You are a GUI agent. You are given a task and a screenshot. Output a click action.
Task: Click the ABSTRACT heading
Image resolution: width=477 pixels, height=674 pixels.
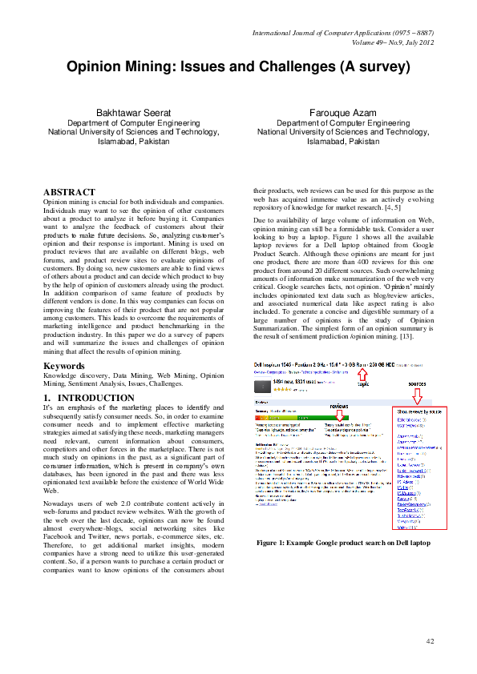[x=69, y=192]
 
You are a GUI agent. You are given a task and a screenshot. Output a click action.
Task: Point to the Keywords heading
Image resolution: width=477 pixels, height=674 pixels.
[x=65, y=366]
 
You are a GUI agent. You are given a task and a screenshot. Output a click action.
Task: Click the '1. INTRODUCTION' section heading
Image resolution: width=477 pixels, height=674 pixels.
[x=88, y=398]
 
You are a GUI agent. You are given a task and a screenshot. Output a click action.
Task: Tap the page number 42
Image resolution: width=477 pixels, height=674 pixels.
[x=430, y=640]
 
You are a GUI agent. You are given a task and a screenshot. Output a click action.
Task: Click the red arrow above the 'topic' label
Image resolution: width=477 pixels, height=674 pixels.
[x=362, y=373]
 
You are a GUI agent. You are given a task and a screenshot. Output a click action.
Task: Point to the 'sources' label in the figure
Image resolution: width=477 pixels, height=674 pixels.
[x=417, y=383]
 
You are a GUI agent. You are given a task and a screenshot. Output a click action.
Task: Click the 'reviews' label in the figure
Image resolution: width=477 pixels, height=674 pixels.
[x=339, y=406]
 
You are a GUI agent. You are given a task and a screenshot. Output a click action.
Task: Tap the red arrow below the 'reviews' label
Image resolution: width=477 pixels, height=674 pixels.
[x=339, y=415]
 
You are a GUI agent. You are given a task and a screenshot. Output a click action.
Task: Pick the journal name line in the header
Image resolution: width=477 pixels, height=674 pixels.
[x=343, y=32]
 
